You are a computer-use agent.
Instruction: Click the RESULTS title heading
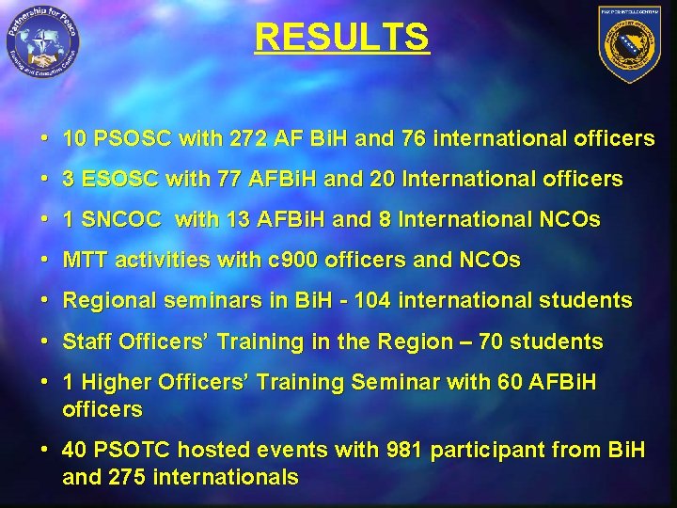341,38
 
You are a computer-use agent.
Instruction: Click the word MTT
84,261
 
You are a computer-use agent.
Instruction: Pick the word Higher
112,383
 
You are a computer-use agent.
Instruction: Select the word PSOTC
132,451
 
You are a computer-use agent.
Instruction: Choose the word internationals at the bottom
227,477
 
